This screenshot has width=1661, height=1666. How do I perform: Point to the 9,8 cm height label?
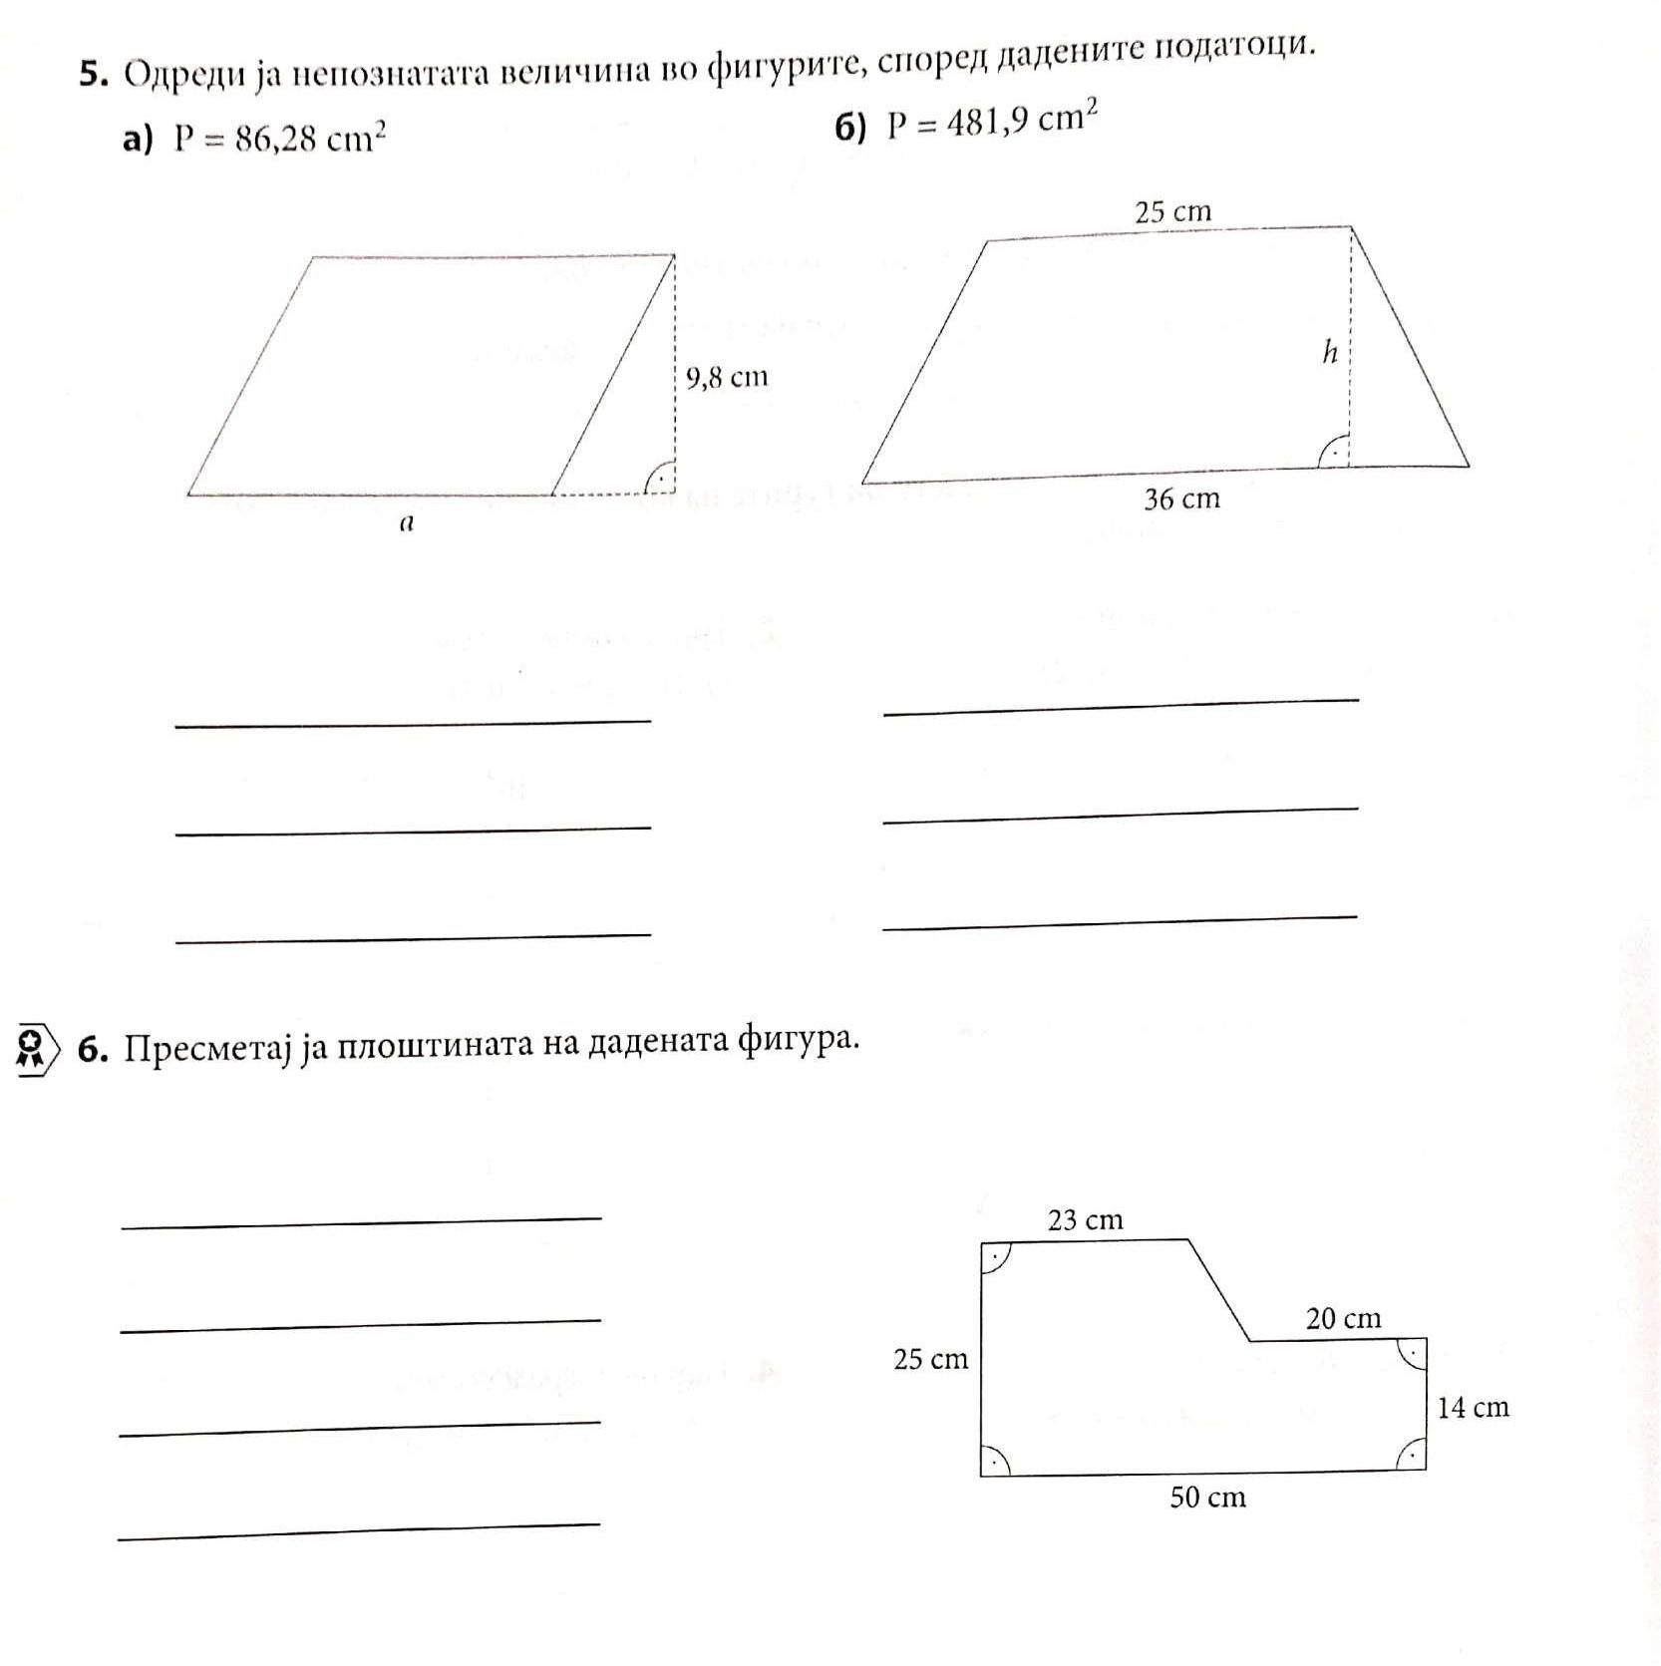click(x=727, y=377)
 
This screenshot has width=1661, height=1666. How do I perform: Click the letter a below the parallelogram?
click(x=405, y=523)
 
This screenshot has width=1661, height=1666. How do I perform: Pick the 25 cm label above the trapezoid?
click(x=1172, y=211)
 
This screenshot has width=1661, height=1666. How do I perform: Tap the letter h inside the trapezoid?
click(x=1329, y=352)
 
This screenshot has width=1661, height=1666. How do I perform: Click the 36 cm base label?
click(x=1181, y=499)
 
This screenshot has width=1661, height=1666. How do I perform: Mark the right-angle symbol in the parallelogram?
click(x=659, y=480)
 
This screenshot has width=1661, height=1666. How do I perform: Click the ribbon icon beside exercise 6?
click(x=33, y=1050)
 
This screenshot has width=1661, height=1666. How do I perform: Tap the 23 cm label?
click(x=1085, y=1219)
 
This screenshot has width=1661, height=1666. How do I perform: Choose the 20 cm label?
click(x=1343, y=1318)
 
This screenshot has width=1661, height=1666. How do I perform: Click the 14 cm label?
click(x=1473, y=1407)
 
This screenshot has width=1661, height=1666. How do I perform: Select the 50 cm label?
click(x=1207, y=1497)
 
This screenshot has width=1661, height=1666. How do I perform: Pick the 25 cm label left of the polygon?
click(x=930, y=1359)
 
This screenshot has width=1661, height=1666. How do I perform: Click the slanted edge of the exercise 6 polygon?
click(x=1219, y=1290)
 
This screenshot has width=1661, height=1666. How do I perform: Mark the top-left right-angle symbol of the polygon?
click(x=995, y=1257)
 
